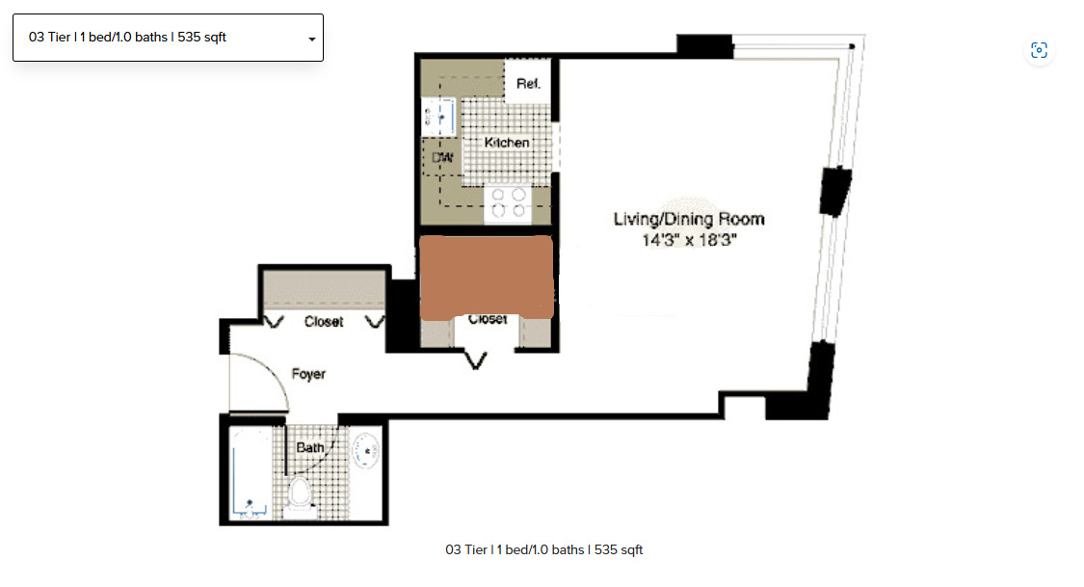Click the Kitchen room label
click(507, 143)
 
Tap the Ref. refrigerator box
click(528, 84)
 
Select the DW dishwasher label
click(442, 157)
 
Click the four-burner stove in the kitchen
click(508, 202)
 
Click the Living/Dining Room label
click(689, 219)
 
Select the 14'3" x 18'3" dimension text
click(689, 240)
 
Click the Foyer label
click(308, 374)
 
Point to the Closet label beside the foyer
click(324, 322)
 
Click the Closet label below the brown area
click(488, 320)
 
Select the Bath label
click(310, 448)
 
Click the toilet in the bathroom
click(300, 493)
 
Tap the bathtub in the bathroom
click(251, 473)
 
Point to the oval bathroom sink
click(366, 450)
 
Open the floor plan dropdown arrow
click(311, 39)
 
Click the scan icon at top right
click(1039, 50)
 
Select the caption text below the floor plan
click(543, 550)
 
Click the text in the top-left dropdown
click(128, 38)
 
